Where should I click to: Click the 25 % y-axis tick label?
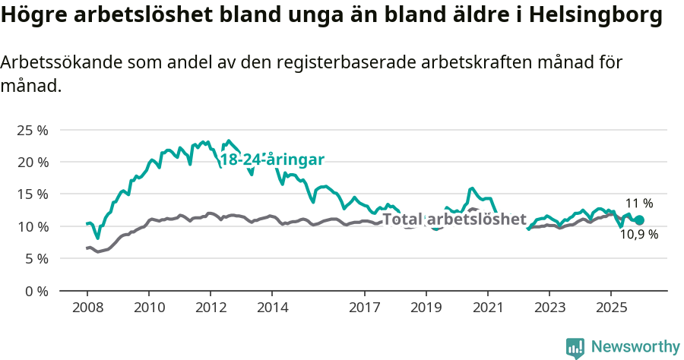[32, 130]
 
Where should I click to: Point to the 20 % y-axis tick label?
[32, 162]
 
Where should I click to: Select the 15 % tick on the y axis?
[32, 194]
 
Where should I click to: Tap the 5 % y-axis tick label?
[35, 258]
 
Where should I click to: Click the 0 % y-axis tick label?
[35, 291]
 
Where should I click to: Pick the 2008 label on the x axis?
[87, 308]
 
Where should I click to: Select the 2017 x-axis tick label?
[365, 308]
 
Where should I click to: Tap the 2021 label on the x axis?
[488, 308]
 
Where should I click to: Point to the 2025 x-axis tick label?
[611, 308]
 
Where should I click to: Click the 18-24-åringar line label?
[272, 159]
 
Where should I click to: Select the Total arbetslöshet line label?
[454, 219]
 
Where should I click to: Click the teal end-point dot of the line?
[639, 220]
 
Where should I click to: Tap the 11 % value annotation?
[639, 204]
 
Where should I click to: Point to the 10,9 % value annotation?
[639, 235]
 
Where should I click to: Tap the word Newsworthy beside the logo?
[635, 347]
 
